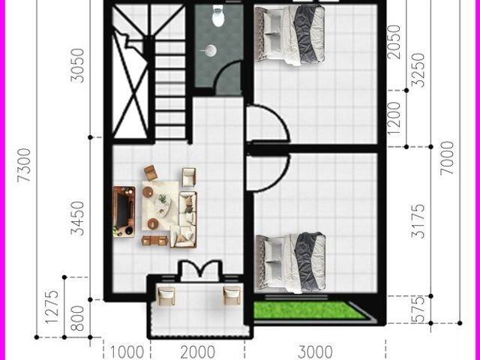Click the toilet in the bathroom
tap(217, 15)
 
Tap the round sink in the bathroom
tap(211, 50)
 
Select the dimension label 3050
tap(77, 65)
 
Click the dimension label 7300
tap(24, 165)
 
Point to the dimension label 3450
tap(77, 218)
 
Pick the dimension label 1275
tap(52, 307)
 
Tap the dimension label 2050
tap(394, 42)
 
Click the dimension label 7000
tap(447, 158)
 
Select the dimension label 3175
tap(418, 221)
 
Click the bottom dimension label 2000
tap(198, 352)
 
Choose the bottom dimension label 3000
tap(315, 352)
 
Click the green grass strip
tap(309, 310)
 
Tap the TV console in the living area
tap(124, 211)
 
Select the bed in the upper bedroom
tap(290, 35)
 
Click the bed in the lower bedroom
tap(290, 262)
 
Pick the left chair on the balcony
tap(166, 295)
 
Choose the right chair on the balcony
tap(232, 295)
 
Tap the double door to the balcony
tap(200, 269)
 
